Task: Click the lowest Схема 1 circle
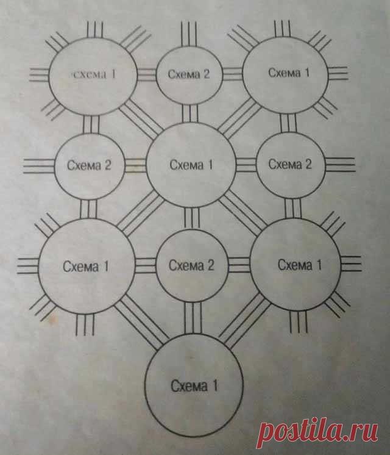point(194,385)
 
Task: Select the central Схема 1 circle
point(191,165)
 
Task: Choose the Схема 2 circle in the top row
point(188,74)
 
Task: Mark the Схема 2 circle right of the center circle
point(289,165)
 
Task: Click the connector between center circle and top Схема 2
point(190,112)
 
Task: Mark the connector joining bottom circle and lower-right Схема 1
point(242,323)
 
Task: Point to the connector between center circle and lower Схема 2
point(191,216)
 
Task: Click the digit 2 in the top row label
point(206,74)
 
